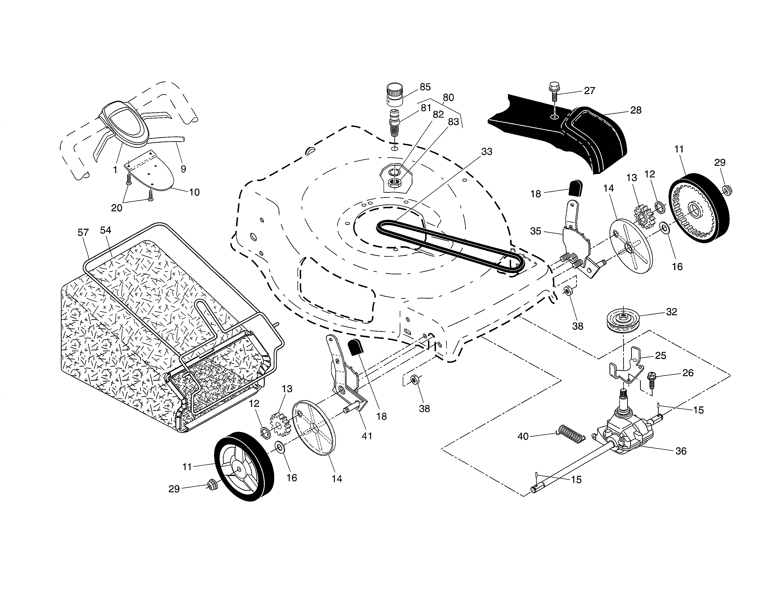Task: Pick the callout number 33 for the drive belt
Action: [x=487, y=152]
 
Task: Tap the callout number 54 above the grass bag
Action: [x=106, y=230]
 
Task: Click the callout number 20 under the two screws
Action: [x=117, y=208]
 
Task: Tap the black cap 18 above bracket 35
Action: [x=576, y=188]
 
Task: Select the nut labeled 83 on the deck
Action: [x=394, y=183]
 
